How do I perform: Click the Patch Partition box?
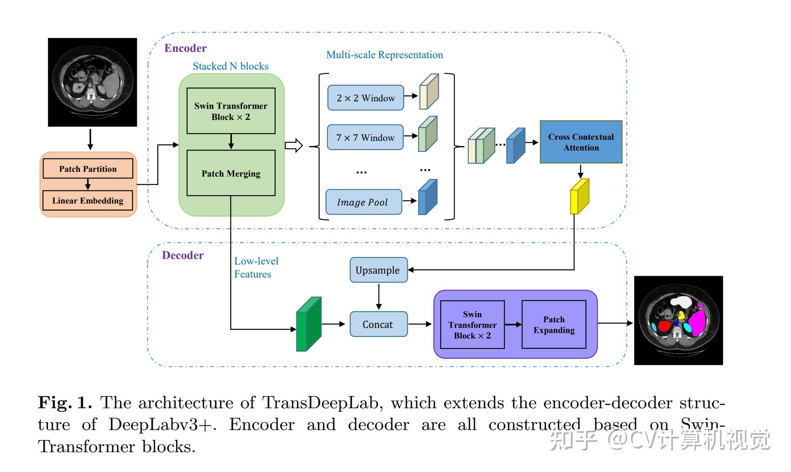click(88, 169)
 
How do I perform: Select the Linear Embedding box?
click(87, 200)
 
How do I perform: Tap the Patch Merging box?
click(231, 173)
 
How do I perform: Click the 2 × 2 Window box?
click(365, 98)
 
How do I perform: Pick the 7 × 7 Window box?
click(365, 137)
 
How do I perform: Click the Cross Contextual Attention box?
click(581, 142)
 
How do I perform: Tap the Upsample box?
click(378, 270)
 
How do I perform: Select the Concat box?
click(378, 324)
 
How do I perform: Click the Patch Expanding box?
click(554, 325)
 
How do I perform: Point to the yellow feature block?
click(580, 196)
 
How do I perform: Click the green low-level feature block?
click(309, 324)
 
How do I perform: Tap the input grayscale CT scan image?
click(93, 82)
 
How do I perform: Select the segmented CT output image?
click(678, 320)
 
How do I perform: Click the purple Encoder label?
click(185, 48)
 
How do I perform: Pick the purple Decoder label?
click(183, 255)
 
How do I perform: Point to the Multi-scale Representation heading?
click(384, 55)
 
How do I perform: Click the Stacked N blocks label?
click(230, 66)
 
